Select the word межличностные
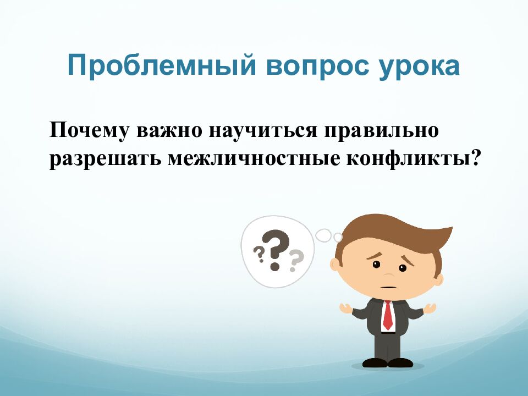(x=252, y=158)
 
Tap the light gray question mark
(x=296, y=260)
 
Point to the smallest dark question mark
(x=258, y=254)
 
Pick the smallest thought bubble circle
(x=338, y=237)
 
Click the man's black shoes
(x=388, y=362)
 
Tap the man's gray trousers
(x=388, y=344)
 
